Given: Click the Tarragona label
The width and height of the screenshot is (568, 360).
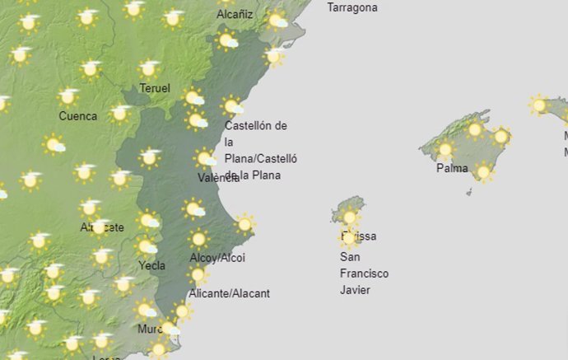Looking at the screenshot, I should pos(352,7).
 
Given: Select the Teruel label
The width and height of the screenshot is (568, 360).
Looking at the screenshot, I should pos(155,88).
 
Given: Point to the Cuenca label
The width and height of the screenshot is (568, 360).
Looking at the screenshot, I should pos(77,116).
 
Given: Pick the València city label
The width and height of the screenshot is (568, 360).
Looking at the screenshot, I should pos(218,178).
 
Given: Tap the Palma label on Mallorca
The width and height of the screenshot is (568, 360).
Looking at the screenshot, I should pos(452,169).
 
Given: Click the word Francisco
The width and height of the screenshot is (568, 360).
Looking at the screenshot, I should pos(364,274).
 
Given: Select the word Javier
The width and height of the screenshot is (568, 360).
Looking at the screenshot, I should pos(356,290).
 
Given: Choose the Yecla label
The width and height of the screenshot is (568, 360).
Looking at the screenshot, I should pos(151,265).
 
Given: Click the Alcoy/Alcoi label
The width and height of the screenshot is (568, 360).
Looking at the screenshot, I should pos(217,258).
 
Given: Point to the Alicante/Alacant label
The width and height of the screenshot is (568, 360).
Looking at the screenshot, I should pos(229,293).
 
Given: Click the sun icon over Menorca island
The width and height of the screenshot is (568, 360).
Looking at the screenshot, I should pos(539,105).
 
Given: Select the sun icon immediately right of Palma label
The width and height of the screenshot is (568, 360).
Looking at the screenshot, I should pos(483,171).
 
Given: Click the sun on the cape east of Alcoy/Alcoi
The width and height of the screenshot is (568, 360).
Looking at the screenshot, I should pos(244,223).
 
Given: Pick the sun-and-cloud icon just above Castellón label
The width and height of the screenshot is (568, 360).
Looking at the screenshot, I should pos(232,106).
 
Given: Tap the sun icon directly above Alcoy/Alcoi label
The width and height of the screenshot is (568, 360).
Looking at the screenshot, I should pos(198,240).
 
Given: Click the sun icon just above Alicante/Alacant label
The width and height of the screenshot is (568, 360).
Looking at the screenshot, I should pos(198,274).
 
